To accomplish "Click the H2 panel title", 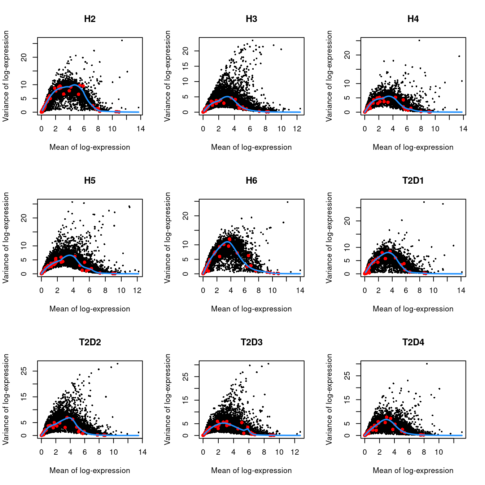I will pyautogui.click(x=89, y=19).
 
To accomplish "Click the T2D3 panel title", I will pyautogui.click(x=251, y=342).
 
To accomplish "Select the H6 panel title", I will pyautogui.click(x=251, y=181).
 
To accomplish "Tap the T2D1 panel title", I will pyautogui.click(x=413, y=181).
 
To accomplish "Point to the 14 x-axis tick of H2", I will pyautogui.click(x=141, y=129).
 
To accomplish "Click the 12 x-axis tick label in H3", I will pyautogui.click(x=297, y=129).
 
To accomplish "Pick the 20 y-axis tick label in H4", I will pyautogui.click(x=347, y=55).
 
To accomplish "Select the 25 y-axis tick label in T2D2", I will pyautogui.click(x=24, y=371).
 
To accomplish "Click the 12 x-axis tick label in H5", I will pyautogui.click(x=137, y=290).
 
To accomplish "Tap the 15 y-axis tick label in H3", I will pyautogui.click(x=185, y=66).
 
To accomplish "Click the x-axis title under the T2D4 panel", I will pyautogui.click(x=413, y=471).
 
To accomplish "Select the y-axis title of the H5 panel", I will pyautogui.click(x=6, y=237).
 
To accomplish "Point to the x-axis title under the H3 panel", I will pyautogui.click(x=251, y=147).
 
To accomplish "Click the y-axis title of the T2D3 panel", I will pyautogui.click(x=167, y=399).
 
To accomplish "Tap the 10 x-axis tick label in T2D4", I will pyautogui.click(x=438, y=452).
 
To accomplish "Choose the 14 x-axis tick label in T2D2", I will pyautogui.click(x=142, y=452).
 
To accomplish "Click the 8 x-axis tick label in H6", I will pyautogui.click(x=258, y=290).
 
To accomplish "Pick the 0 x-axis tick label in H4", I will pyautogui.click(x=364, y=129).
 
